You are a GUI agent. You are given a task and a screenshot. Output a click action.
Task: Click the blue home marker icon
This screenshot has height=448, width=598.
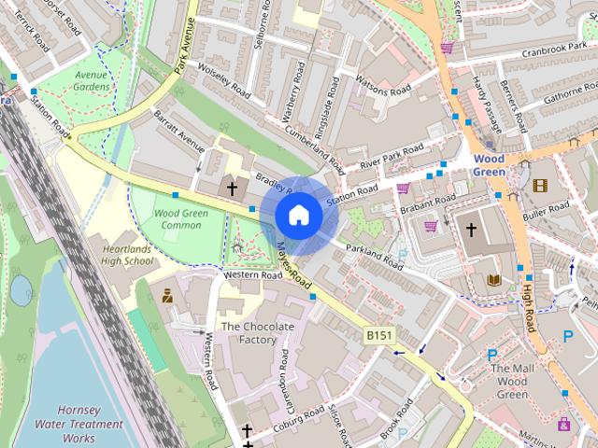298,215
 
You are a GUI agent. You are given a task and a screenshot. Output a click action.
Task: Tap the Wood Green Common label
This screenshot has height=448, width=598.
175,219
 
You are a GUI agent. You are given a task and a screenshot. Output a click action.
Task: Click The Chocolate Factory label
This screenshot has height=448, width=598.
257,333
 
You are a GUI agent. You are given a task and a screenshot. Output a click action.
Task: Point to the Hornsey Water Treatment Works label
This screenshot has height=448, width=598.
91,424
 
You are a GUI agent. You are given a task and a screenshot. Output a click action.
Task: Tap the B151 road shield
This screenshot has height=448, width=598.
377,333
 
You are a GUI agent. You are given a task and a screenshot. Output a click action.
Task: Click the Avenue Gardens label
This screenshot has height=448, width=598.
92,80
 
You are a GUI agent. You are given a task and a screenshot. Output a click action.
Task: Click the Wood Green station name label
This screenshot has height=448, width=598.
488,165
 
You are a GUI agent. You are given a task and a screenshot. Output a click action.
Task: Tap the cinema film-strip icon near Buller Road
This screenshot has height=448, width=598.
539,185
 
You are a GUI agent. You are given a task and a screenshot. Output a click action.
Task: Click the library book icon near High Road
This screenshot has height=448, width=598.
494,279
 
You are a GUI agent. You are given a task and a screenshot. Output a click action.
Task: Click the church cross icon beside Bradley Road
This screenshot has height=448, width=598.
232,189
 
